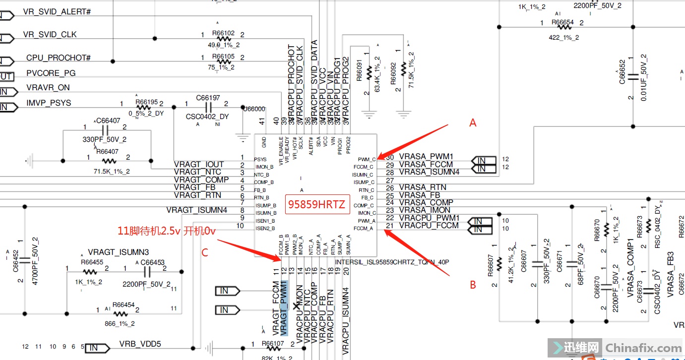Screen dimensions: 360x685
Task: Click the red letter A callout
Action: click(473, 123)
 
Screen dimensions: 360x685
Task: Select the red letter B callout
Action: click(473, 285)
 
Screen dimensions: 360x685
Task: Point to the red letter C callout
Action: click(204, 252)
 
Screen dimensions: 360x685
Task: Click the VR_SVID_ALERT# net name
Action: click(57, 11)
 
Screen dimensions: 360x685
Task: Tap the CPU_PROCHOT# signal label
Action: click(59, 58)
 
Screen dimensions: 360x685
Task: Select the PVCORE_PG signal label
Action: click(51, 73)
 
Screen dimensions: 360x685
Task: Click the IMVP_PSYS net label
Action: click(49, 103)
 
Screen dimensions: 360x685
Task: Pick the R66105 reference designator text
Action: click(223, 57)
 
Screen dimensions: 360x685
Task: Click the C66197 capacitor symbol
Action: click(208, 108)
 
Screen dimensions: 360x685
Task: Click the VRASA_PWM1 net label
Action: click(426, 157)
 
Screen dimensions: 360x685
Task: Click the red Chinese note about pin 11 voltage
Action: click(166, 231)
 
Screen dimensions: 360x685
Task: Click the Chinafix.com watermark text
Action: click(643, 348)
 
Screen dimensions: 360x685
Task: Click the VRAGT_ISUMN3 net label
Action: click(119, 252)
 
